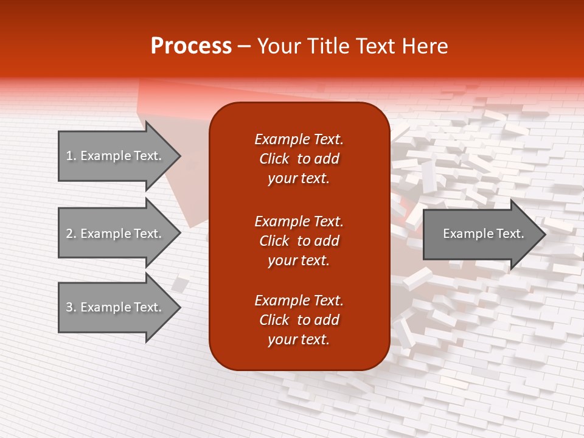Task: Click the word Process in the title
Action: click(x=191, y=46)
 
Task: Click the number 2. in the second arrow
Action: click(x=71, y=234)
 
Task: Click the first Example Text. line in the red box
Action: click(x=299, y=139)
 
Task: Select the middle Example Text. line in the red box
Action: click(x=299, y=221)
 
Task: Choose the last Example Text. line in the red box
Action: click(x=299, y=301)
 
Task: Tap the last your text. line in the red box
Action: click(x=299, y=339)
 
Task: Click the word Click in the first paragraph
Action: click(x=274, y=159)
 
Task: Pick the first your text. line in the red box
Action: click(x=299, y=178)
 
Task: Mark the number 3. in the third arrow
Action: click(x=71, y=307)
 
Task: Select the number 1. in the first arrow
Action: click(x=71, y=156)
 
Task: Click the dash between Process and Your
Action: click(x=245, y=46)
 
